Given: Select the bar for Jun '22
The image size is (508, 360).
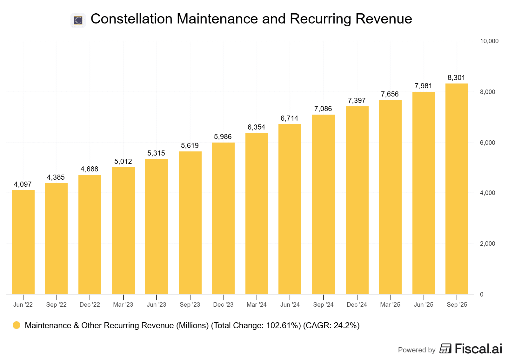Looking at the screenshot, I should [23, 242].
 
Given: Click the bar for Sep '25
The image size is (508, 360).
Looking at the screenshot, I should [457, 189].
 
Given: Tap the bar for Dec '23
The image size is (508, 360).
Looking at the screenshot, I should [223, 218].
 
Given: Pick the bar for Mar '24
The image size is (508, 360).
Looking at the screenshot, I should [257, 213].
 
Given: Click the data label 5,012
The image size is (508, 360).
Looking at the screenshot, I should [123, 162].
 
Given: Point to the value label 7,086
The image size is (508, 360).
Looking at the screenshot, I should [323, 109].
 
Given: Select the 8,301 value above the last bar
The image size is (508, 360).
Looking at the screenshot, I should [456, 78].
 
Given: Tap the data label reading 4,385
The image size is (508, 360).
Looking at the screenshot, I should [56, 177].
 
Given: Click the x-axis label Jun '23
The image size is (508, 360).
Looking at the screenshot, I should [157, 305].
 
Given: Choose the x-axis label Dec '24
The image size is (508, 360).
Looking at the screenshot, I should [357, 305].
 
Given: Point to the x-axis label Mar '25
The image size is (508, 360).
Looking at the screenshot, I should [390, 305].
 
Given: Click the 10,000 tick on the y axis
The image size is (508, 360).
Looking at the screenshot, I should [489, 41].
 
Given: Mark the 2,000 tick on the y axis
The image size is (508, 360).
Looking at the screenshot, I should [487, 244].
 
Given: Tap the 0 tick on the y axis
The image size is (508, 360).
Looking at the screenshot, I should [482, 295].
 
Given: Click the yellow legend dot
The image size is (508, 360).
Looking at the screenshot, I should [17, 325].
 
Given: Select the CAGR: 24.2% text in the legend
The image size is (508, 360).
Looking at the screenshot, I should [331, 326].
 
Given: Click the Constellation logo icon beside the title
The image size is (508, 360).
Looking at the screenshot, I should [78, 20].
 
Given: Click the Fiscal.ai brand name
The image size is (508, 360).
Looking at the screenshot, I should [478, 349].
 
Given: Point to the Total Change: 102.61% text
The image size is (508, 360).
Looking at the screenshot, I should [256, 326].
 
